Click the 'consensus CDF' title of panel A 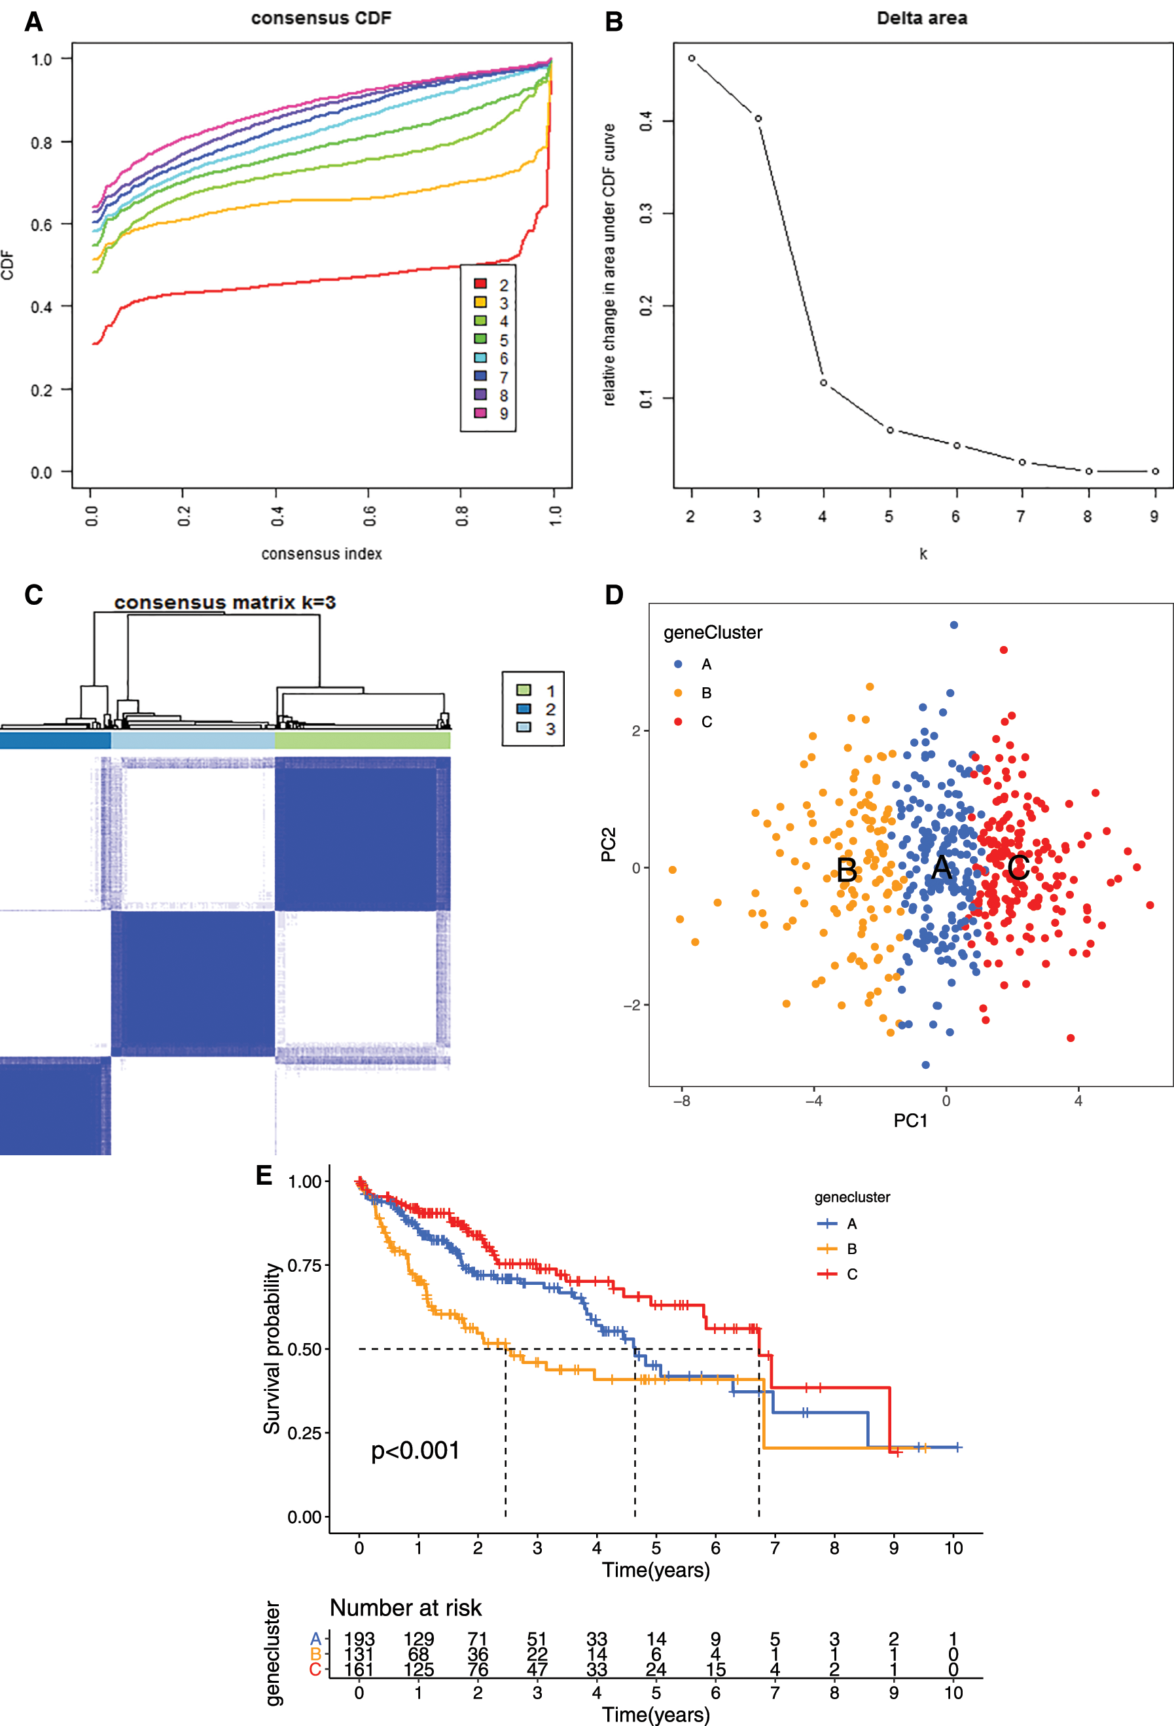[321, 18]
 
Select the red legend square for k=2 [480, 283]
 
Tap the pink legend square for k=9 [480, 413]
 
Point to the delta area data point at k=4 [823, 382]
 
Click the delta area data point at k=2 [691, 58]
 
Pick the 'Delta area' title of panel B [921, 18]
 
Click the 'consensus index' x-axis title [321, 553]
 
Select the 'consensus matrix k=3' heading [225, 602]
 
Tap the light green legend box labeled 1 [524, 690]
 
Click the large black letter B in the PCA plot [847, 870]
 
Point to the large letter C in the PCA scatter [1018, 867]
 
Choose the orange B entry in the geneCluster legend [678, 693]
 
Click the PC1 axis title [910, 1120]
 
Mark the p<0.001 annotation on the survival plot [415, 1450]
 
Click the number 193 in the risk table [359, 1638]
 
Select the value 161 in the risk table [359, 1670]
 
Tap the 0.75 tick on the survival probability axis [304, 1265]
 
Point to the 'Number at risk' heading [406, 1608]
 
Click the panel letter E [264, 1175]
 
